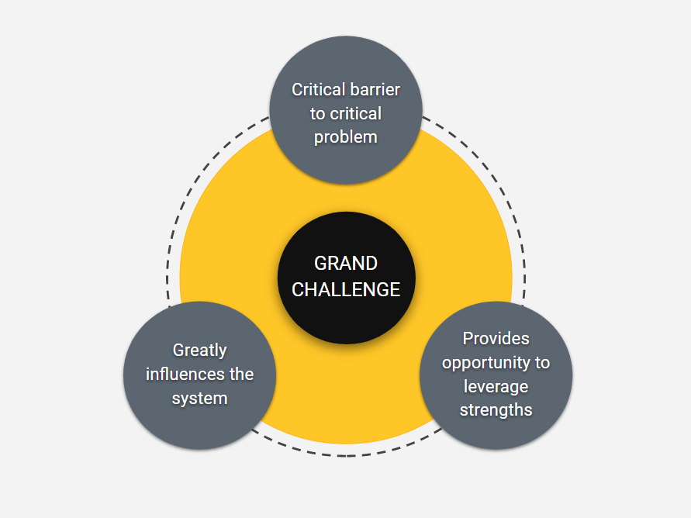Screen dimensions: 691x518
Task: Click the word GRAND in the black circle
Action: [346, 264]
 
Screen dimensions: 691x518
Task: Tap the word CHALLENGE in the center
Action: [346, 290]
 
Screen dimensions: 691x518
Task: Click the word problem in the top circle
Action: [346, 137]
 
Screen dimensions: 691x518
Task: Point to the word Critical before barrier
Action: [317, 89]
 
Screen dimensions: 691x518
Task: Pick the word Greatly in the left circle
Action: [199, 351]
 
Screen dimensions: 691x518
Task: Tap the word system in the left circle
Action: [199, 399]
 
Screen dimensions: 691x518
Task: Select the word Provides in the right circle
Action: [496, 338]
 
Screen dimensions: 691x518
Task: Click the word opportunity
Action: [486, 363]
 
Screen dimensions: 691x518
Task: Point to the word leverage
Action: [496, 387]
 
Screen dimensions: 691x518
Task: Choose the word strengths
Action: [496, 409]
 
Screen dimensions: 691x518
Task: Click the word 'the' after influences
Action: [241, 374]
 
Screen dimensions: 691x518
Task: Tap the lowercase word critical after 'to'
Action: [356, 114]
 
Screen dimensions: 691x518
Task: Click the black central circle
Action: [346, 278]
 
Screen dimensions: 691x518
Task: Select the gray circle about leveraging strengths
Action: [496, 375]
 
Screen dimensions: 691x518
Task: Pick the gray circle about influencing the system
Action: [199, 375]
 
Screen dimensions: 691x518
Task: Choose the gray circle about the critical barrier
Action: [346, 110]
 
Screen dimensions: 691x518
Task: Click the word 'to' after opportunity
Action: [543, 362]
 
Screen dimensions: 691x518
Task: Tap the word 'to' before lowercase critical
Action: [318, 114]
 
